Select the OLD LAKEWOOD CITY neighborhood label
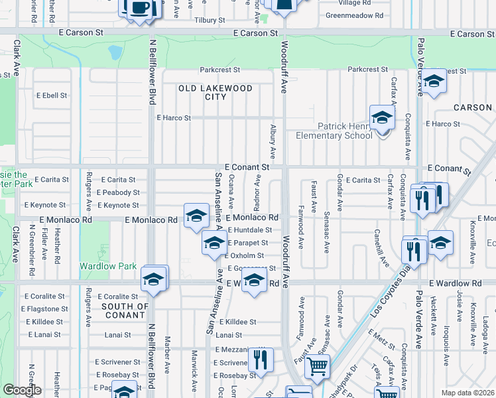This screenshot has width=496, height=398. [215, 92]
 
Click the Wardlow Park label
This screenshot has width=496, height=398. [108, 266]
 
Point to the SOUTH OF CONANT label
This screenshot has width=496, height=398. [125, 310]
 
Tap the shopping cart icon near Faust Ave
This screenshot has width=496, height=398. [318, 365]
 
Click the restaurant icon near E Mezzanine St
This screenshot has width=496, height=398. [261, 360]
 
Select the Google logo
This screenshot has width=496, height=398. [22, 390]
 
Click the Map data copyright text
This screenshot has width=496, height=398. [467, 393]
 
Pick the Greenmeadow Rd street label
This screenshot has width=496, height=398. [354, 15]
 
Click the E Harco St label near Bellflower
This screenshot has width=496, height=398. [173, 118]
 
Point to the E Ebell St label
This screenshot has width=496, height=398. [51, 96]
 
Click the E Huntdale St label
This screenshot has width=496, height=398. [250, 230]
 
